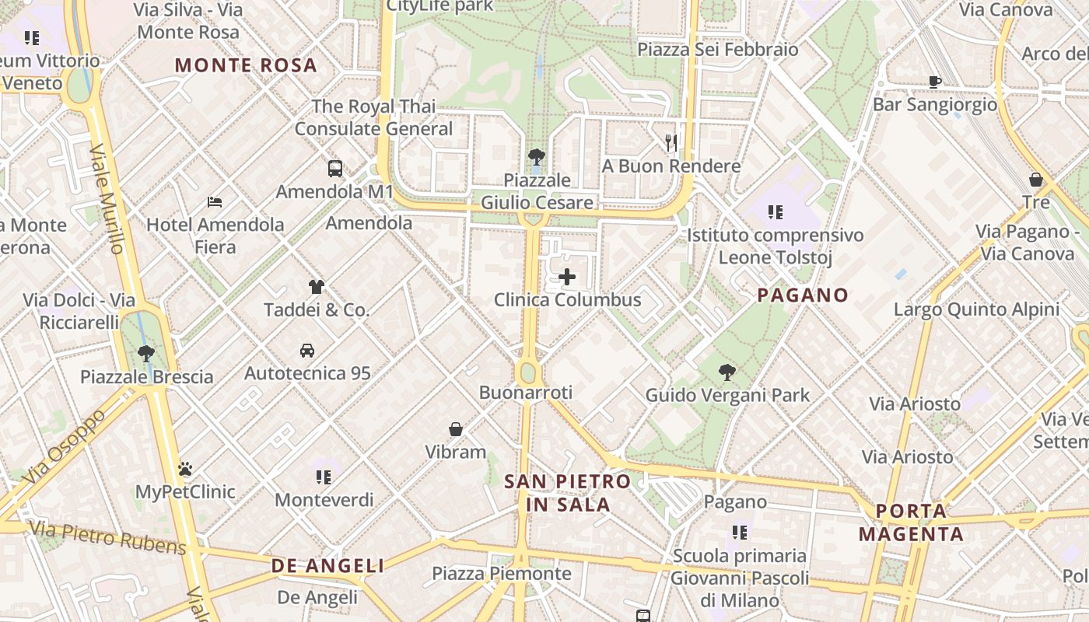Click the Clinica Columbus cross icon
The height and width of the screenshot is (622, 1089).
tap(567, 276)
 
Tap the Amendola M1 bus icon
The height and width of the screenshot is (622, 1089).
tap(335, 169)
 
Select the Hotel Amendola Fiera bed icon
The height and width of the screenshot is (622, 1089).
tap(215, 202)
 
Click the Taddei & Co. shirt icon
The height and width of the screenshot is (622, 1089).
tap(316, 286)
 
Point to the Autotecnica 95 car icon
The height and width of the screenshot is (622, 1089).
tap(307, 351)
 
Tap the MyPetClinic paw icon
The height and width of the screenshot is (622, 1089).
tap(185, 469)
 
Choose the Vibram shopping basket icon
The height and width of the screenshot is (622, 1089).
tap(456, 429)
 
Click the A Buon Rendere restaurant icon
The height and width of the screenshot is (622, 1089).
tap(671, 142)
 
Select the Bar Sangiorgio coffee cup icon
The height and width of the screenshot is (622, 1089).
tap(934, 82)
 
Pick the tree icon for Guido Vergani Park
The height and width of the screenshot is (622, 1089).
tap(727, 372)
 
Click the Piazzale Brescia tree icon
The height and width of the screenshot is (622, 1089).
tap(145, 354)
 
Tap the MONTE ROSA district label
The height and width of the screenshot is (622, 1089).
tap(246, 65)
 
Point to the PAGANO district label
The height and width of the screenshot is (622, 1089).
tap(803, 295)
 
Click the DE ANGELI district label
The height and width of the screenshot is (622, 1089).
tap(327, 566)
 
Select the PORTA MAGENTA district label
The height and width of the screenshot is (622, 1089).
tap(912, 522)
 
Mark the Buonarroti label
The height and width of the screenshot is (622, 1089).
tap(526, 393)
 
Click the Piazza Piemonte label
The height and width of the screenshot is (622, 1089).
tap(502, 574)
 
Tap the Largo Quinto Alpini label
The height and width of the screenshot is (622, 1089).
tap(976, 309)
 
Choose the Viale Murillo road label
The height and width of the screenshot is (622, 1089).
tap(107, 199)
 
